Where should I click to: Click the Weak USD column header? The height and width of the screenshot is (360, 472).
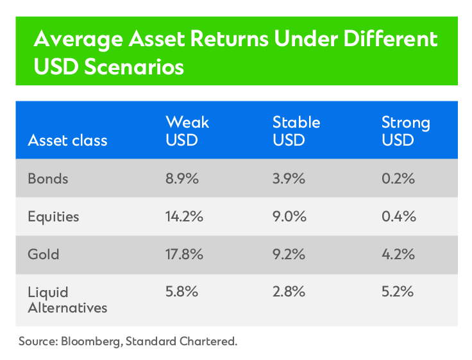coord(187,130)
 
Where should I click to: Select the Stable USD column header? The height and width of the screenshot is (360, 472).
coord(296,130)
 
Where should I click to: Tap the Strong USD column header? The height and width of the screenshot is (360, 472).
coord(405,130)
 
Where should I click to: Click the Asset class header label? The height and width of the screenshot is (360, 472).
coord(67,140)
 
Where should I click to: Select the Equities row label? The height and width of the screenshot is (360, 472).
coord(53,217)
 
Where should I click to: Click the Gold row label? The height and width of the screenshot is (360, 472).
coord(43,254)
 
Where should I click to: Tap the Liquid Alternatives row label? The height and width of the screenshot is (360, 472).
coord(67,299)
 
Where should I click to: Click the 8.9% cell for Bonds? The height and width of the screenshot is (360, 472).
coord(182,179)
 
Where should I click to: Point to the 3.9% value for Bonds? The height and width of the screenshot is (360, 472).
coord(289,179)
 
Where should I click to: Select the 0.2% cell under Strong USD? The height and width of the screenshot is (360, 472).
coord(398,179)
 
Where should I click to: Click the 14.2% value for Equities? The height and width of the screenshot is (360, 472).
coord(185,217)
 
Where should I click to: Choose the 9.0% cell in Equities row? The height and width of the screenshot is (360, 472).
coord(290,217)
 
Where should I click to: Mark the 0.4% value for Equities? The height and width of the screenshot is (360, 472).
coord(398,217)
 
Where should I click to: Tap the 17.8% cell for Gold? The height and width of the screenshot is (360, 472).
coord(185,254)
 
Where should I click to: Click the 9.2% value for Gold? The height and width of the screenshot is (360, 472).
coord(289,254)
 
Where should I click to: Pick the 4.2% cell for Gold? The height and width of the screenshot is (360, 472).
coord(398,254)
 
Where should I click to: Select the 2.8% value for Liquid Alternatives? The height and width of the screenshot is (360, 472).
coord(289,291)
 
